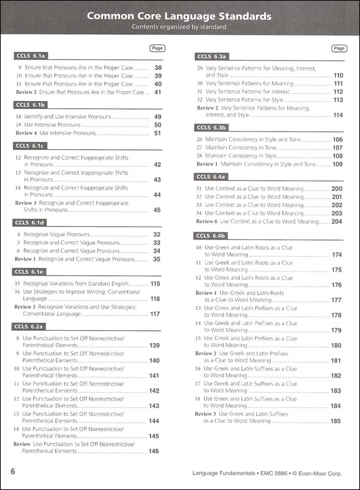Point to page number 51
point(157,133)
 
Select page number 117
point(155,314)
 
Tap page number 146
point(154,451)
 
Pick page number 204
point(337,221)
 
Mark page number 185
point(336,421)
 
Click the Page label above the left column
point(157,47)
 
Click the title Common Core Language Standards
point(179,16)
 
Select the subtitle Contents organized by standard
point(179,27)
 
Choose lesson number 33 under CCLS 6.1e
point(18,284)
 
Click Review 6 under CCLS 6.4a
point(206,221)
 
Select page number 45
point(157,210)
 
